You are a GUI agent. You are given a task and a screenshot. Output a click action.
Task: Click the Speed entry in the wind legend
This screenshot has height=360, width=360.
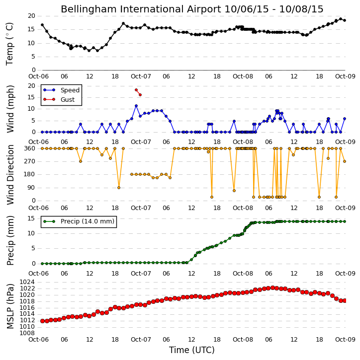click(x=70, y=90)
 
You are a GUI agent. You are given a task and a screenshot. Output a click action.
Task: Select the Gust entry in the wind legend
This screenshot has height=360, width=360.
click(x=68, y=100)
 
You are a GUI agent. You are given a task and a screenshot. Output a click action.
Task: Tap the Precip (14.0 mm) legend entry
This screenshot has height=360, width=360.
click(x=88, y=221)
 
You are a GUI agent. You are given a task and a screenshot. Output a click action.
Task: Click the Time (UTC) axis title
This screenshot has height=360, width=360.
click(x=192, y=350)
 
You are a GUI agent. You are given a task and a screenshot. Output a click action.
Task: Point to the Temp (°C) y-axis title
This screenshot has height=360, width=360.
click(x=9, y=44)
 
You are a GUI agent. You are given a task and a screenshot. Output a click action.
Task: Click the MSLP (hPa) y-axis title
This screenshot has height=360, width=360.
click(x=10, y=306)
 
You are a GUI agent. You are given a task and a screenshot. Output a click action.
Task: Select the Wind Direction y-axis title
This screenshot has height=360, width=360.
click(x=10, y=175)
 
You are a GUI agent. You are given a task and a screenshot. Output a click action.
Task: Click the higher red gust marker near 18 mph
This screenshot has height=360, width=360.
click(x=136, y=90)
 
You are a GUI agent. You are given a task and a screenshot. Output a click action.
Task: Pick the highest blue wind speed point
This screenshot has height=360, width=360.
click(x=136, y=106)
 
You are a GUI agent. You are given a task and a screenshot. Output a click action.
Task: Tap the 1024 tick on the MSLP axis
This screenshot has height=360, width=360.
click(x=27, y=282)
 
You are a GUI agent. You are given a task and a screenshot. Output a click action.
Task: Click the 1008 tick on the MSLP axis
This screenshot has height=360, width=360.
click(x=27, y=333)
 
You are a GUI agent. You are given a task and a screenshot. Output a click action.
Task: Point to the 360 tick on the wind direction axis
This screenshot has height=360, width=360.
click(x=30, y=148)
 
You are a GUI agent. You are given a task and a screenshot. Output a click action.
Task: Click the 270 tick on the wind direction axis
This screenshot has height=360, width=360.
click(x=30, y=161)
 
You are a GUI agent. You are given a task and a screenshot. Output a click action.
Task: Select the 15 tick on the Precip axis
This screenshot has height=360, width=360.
click(x=31, y=218)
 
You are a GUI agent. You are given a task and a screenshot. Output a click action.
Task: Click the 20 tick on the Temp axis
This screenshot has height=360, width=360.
click(x=31, y=16)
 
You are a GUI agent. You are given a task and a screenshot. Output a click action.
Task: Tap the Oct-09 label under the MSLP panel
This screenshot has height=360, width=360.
click(x=345, y=339)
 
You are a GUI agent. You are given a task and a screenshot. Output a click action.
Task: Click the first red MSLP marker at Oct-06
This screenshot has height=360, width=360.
click(x=42, y=321)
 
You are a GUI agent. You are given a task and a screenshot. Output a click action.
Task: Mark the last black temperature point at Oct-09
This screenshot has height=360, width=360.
click(x=345, y=20)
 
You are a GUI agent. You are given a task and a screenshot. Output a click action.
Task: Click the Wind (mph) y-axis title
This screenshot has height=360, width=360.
click(x=10, y=109)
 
